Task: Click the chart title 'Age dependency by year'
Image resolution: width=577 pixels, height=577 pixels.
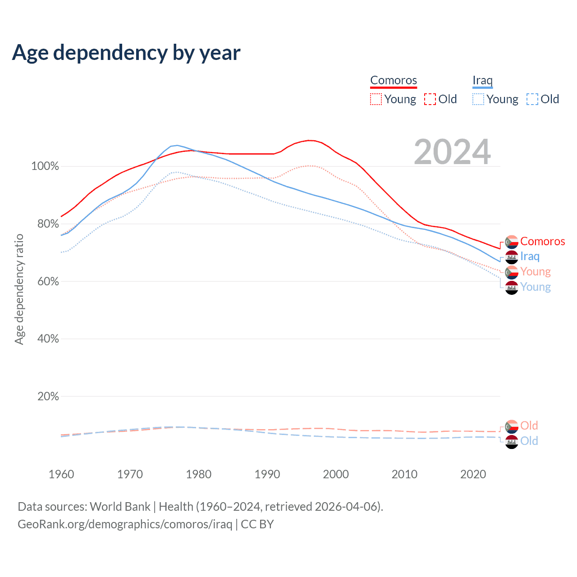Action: tap(126, 53)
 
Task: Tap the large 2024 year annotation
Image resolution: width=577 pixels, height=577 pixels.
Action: tap(452, 152)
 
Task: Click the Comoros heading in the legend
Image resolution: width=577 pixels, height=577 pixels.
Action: tap(394, 80)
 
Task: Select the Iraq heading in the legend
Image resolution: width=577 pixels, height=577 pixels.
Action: tap(482, 80)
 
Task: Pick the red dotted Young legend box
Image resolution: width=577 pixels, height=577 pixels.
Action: tap(376, 99)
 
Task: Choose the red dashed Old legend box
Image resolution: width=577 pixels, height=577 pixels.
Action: tap(430, 99)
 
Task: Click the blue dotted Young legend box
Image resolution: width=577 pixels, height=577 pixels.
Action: tap(478, 99)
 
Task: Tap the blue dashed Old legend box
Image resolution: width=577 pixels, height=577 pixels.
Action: tap(532, 99)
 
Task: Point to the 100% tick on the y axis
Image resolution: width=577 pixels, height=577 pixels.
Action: tap(45, 166)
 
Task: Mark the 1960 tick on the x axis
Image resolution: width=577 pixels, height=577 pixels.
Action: tap(61, 474)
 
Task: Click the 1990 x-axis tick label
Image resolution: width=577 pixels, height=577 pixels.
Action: tap(267, 474)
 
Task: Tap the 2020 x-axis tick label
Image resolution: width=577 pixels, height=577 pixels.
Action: tap(473, 474)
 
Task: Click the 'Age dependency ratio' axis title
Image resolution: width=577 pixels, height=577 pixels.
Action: tap(19, 289)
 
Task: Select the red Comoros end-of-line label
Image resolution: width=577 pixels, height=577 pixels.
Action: tap(542, 242)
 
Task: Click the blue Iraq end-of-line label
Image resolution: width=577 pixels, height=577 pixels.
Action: tap(530, 256)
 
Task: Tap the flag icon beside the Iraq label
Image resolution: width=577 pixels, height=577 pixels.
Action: tap(512, 257)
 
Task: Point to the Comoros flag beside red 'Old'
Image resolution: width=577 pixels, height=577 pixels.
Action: tap(512, 426)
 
